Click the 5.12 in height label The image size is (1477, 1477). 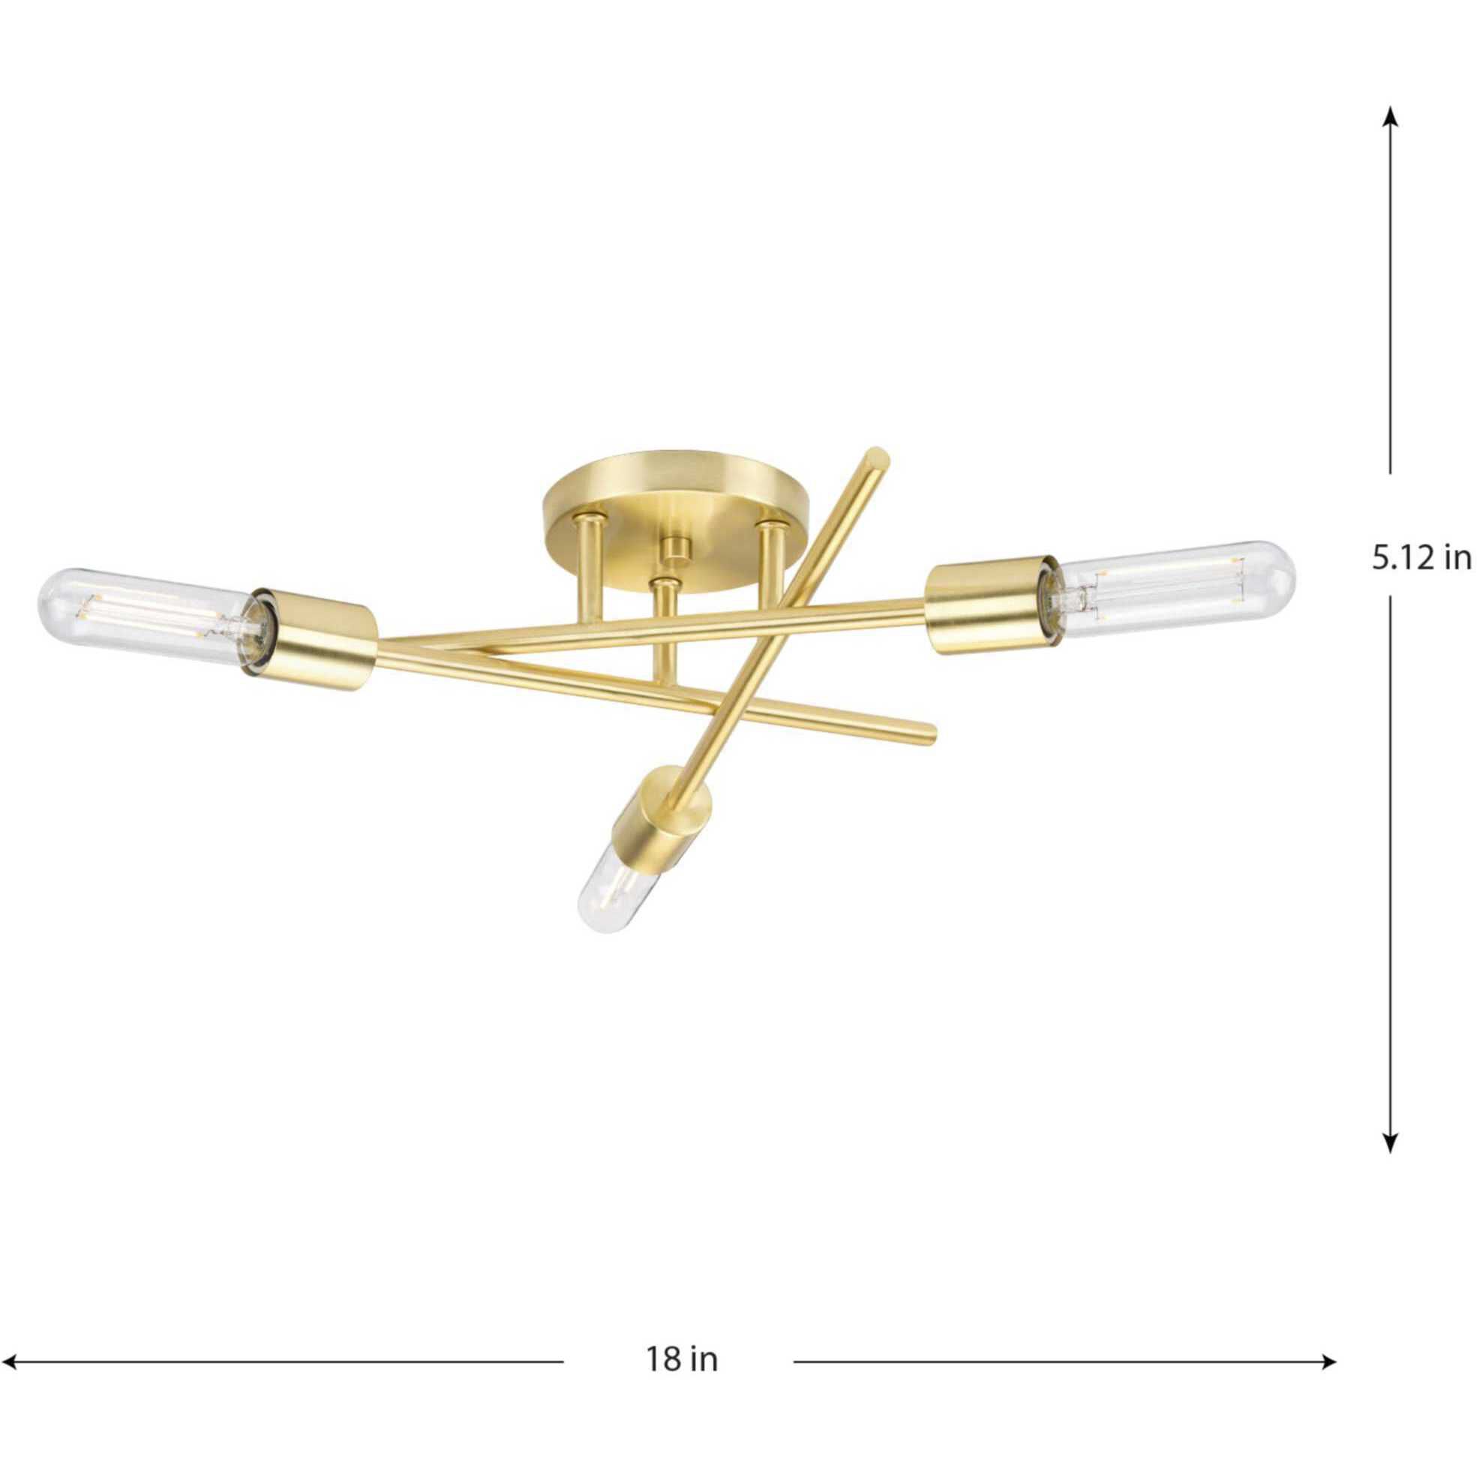point(1421,559)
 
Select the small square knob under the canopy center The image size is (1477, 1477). point(675,548)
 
